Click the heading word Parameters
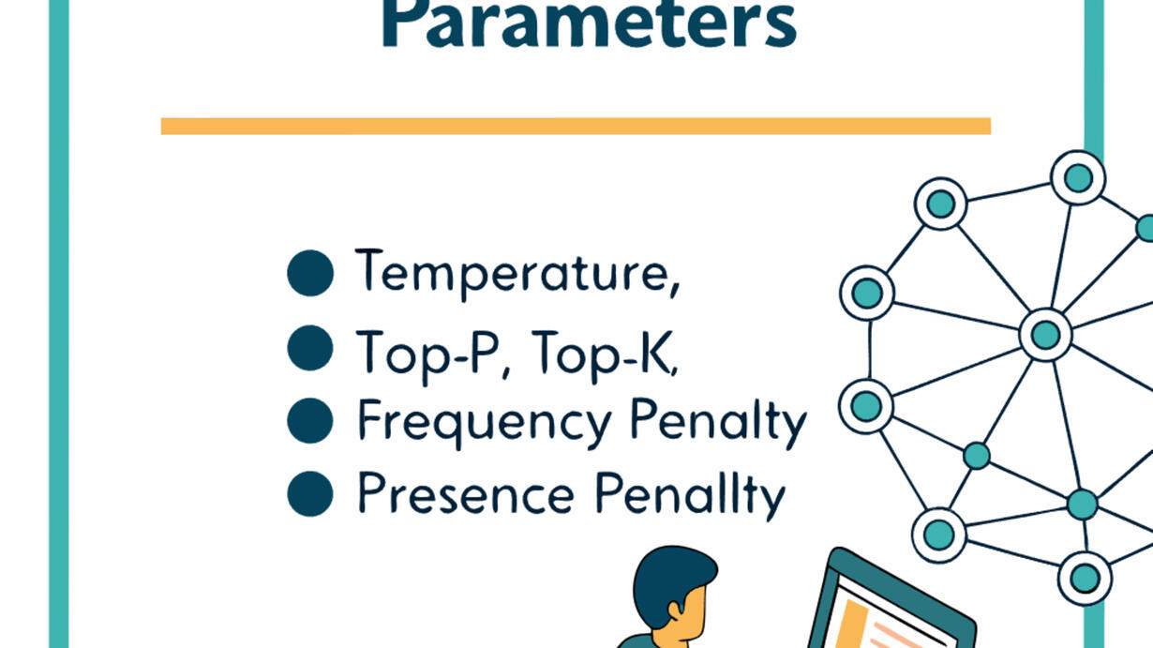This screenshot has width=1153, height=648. (x=589, y=24)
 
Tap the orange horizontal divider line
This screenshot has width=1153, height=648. (x=576, y=127)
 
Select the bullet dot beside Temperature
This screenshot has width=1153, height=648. (x=310, y=273)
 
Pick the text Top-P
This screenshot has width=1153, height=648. (x=427, y=356)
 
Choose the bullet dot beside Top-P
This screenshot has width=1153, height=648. (x=310, y=348)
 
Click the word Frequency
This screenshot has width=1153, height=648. (x=485, y=422)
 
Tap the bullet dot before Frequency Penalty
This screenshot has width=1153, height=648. (x=310, y=420)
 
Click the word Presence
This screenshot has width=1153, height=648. (x=466, y=493)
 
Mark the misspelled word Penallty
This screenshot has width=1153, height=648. (x=690, y=495)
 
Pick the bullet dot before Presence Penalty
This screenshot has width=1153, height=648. (x=310, y=493)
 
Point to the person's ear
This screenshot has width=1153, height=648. (x=673, y=611)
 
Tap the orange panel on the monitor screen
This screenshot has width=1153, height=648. (x=851, y=625)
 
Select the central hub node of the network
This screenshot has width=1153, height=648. (x=1045, y=335)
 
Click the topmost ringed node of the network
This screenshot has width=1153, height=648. (x=1078, y=178)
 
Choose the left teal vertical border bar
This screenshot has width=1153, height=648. (x=59, y=324)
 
